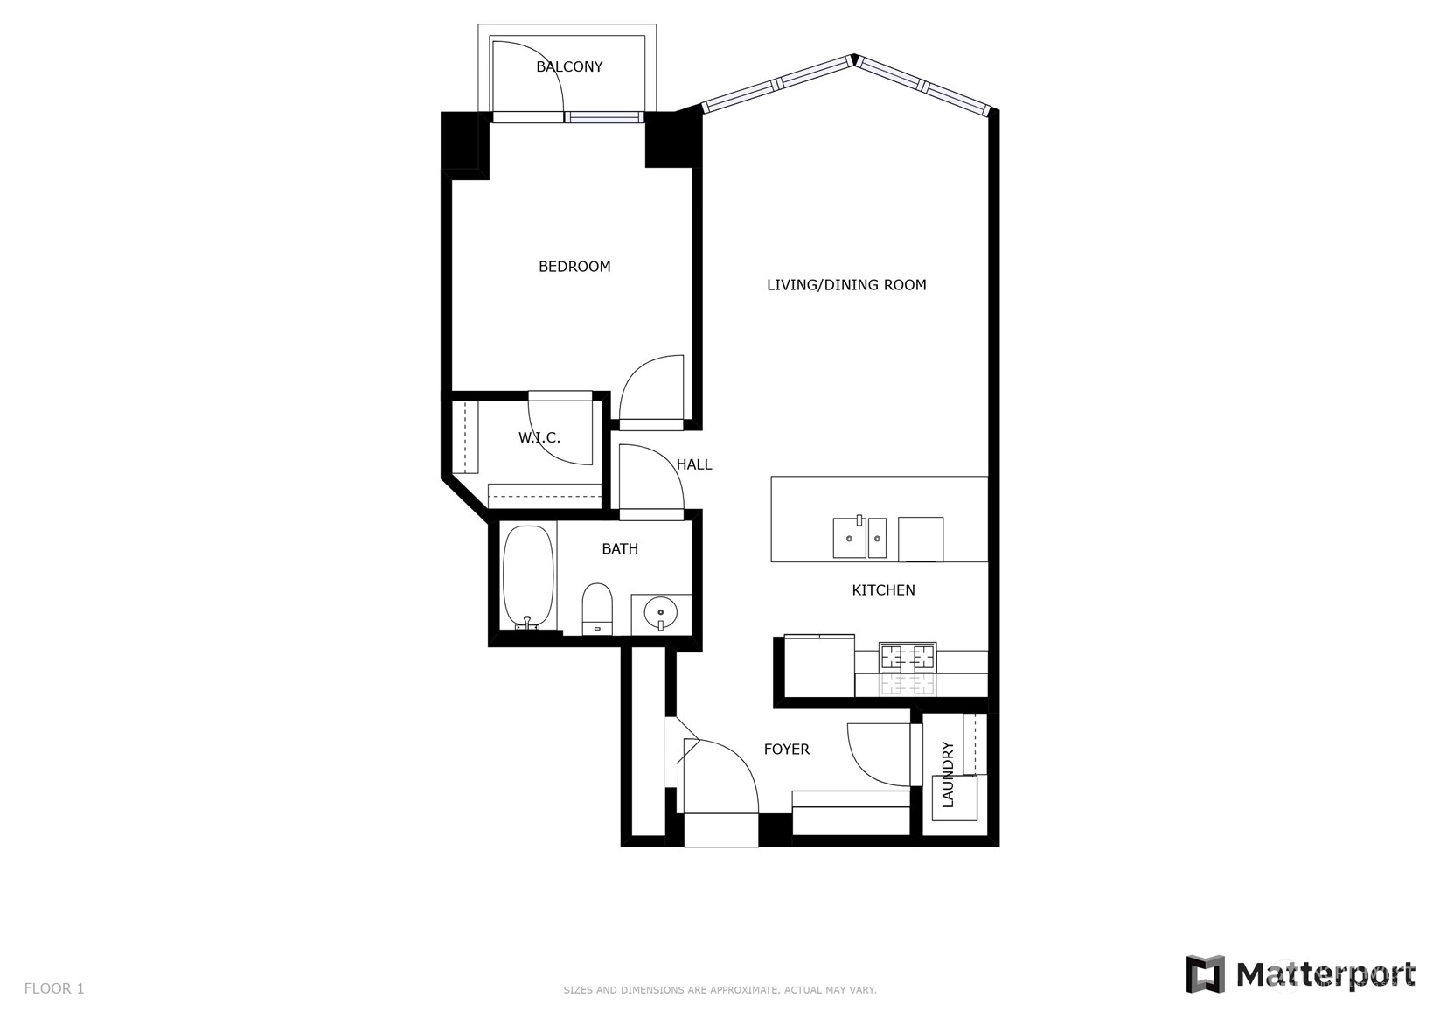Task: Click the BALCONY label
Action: coord(569,66)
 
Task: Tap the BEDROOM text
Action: coord(574,267)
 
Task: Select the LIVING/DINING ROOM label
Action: coord(845,285)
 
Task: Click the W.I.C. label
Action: coord(539,438)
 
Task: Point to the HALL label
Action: coord(694,464)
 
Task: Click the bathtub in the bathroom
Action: coord(528,577)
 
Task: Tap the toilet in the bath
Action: coord(598,608)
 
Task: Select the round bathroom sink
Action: coord(660,610)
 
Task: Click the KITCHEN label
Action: coord(883,590)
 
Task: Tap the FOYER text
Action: coord(786,750)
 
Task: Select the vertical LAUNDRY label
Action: coord(948,774)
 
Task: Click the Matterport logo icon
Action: coord(1205,974)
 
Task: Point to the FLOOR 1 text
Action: coord(54,988)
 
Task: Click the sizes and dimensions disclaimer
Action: coord(719,990)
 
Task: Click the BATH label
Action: coord(620,549)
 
